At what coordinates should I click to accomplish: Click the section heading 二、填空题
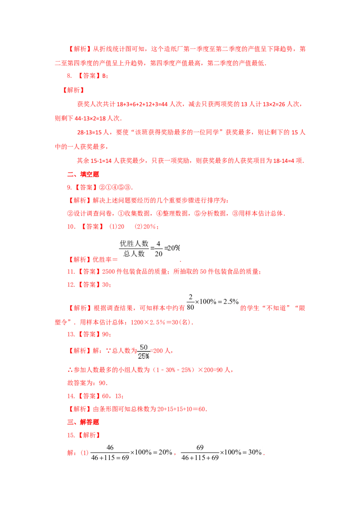[83, 174]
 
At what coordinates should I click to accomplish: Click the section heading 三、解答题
[83, 422]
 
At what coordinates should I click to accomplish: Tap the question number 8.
[69, 76]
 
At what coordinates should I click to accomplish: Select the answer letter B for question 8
[104, 76]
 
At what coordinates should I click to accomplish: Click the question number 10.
[71, 227]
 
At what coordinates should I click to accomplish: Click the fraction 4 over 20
[158, 249]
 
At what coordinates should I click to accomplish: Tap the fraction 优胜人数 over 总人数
[134, 249]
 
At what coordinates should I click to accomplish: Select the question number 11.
[71, 272]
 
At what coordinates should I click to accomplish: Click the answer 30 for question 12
[105, 285]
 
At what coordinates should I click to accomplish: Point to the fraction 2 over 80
[190, 302]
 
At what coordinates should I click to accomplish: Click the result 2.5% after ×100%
[231, 302]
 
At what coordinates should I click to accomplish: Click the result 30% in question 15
[255, 452]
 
